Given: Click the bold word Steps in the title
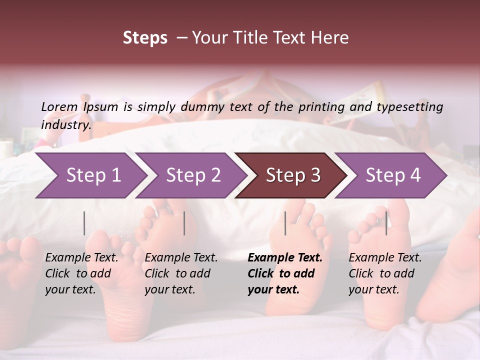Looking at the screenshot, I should tap(145, 38).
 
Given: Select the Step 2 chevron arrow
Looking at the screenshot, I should tap(193, 175).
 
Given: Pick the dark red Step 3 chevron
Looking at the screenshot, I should tap(292, 175).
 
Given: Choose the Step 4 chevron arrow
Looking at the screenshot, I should tap(392, 175).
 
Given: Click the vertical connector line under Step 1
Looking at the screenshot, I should tap(84, 223).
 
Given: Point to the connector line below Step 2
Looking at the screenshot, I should tap(184, 223).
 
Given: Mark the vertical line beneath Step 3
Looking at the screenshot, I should tap(285, 223).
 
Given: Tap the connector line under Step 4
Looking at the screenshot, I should tap(386, 223).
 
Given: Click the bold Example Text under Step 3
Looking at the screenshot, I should tap(285, 258).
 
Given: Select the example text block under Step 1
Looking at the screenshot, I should tap(81, 273).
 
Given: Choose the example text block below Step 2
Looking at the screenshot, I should tap(181, 273).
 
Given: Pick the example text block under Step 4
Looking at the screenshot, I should tap(385, 273).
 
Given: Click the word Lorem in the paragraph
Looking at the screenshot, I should tap(59, 106).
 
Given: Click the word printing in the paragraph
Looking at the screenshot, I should tap(327, 107).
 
